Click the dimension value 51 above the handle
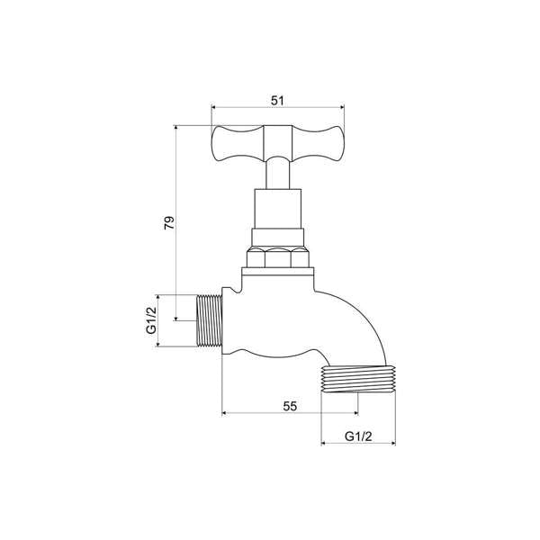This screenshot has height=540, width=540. (277, 101)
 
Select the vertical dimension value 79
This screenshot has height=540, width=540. (168, 222)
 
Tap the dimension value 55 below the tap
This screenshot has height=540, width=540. (290, 406)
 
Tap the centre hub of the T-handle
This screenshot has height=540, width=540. (278, 145)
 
